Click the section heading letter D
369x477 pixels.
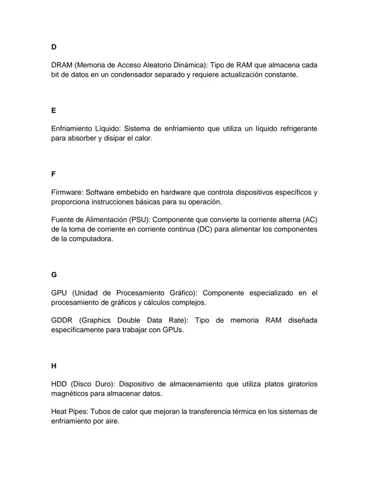point(53,47)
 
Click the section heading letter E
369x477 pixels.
point(53,110)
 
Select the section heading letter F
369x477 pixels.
point(53,174)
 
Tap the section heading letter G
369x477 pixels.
point(54,275)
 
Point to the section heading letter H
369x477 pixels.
point(54,366)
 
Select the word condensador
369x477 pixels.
point(133,75)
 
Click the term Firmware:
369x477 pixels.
point(67,192)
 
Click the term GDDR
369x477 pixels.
point(61,321)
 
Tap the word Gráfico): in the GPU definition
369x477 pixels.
point(184,293)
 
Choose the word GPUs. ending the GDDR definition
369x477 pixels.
point(173,330)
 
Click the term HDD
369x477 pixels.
point(59,384)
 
